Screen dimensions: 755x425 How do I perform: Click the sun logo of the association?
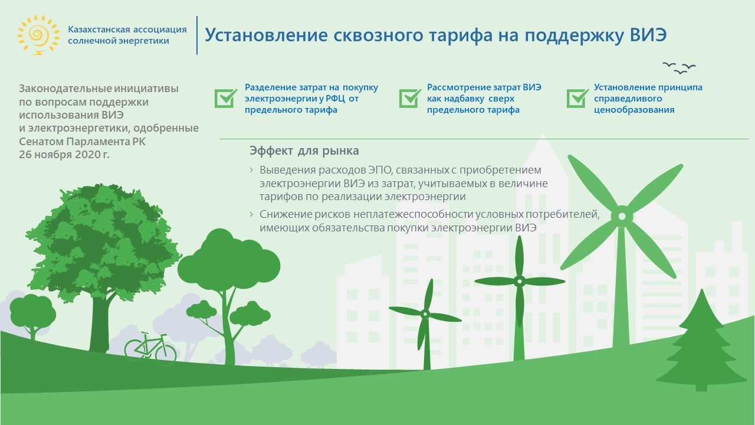click(38, 35)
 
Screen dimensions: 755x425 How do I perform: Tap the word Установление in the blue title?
click(266, 35)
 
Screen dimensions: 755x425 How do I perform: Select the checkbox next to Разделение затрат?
click(225, 98)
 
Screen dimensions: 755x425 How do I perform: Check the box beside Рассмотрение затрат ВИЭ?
click(410, 98)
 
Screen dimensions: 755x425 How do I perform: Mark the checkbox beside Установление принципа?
click(577, 98)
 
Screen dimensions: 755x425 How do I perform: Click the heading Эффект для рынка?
click(304, 151)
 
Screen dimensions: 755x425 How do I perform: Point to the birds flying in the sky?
click(679, 68)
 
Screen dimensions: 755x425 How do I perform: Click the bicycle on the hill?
click(150, 348)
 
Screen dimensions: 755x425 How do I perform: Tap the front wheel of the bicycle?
click(166, 354)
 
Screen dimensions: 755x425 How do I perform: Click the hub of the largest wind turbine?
click(622, 216)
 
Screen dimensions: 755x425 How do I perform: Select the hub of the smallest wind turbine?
click(425, 315)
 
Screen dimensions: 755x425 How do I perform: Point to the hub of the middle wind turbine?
click(520, 281)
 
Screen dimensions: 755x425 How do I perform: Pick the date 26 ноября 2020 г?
click(64, 155)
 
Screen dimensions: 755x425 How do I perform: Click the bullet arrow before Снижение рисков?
click(251, 214)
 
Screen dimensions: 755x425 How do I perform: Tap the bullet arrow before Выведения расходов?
click(251, 169)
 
